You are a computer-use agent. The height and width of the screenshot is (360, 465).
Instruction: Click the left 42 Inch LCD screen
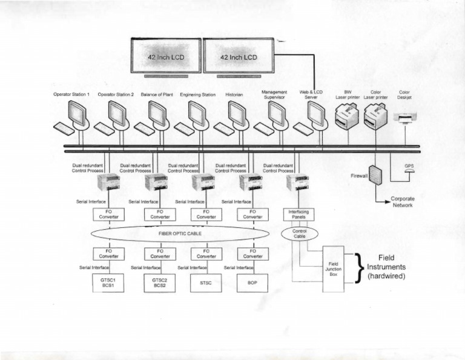(166, 56)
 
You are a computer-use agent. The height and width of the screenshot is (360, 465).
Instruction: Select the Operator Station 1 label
(71, 95)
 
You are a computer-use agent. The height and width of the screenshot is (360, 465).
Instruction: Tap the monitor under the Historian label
(237, 113)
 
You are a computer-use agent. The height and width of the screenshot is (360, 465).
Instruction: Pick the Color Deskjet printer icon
(404, 116)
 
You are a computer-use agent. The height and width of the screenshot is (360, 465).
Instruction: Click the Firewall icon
(375, 175)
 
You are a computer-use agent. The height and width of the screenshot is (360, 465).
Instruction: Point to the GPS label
(409, 165)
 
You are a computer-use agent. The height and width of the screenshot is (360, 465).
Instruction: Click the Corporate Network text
(402, 202)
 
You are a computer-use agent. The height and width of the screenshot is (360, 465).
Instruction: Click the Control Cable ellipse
(300, 234)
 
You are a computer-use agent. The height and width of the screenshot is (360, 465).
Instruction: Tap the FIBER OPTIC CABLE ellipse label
(180, 233)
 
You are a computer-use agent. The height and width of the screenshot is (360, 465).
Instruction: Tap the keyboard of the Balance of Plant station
(144, 129)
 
